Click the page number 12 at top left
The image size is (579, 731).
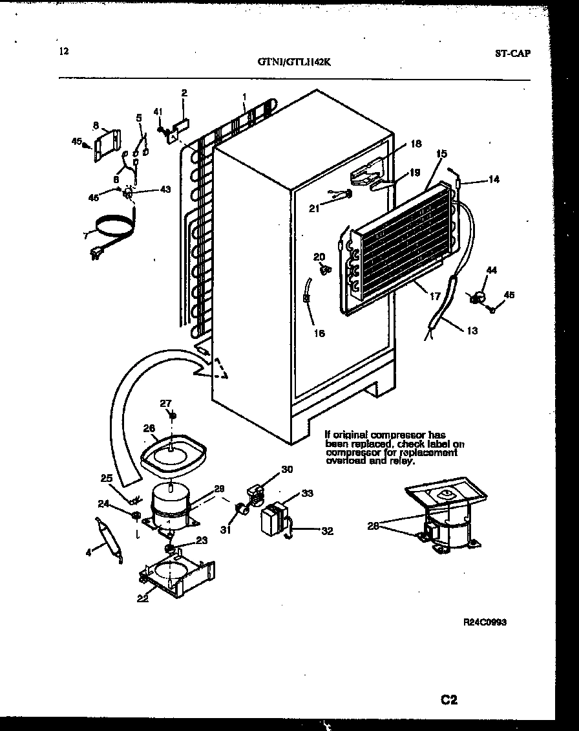tap(63, 52)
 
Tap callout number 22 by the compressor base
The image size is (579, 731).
tap(143, 598)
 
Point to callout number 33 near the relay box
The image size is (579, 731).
tap(307, 494)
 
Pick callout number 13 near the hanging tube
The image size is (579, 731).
tap(472, 331)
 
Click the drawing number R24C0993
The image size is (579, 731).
tap(485, 622)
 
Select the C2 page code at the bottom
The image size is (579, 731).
tap(449, 699)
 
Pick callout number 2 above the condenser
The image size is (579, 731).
tap(184, 93)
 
